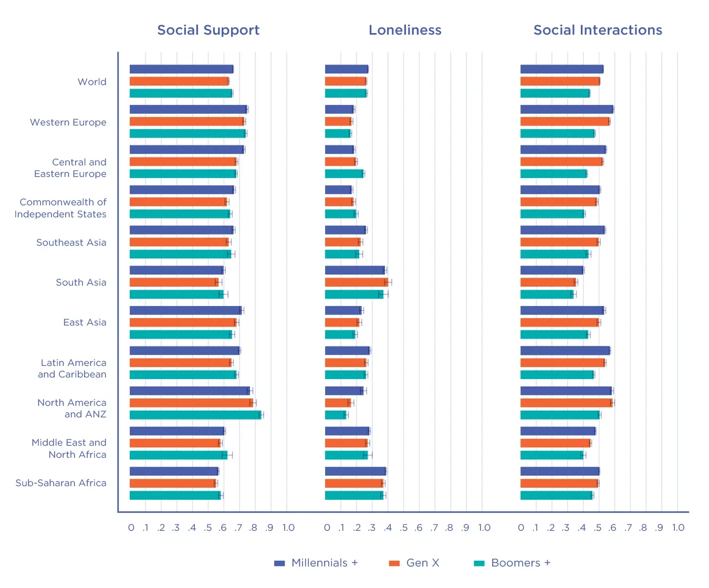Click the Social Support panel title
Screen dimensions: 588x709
208,30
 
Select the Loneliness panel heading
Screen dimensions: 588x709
405,30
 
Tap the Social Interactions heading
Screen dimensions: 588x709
598,30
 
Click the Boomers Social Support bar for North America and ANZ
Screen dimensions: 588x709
195,415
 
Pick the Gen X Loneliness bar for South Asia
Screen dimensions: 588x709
356,282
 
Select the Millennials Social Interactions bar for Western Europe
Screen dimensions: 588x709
567,109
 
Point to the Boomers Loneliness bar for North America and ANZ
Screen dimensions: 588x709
336,415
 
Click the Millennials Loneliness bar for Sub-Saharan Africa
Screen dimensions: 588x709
356,471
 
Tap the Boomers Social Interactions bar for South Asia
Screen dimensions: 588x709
547,294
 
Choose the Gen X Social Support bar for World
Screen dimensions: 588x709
179,81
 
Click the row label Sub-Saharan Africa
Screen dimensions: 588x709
61,483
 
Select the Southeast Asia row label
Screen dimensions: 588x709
71,243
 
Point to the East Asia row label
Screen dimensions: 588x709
85,322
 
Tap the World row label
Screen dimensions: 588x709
92,82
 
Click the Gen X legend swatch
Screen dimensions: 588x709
394,563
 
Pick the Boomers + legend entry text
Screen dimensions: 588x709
520,563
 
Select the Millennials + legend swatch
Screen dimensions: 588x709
279,563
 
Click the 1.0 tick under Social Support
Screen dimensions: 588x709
288,528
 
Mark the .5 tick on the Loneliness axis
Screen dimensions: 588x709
403,528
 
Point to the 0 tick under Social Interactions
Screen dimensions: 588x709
521,528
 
